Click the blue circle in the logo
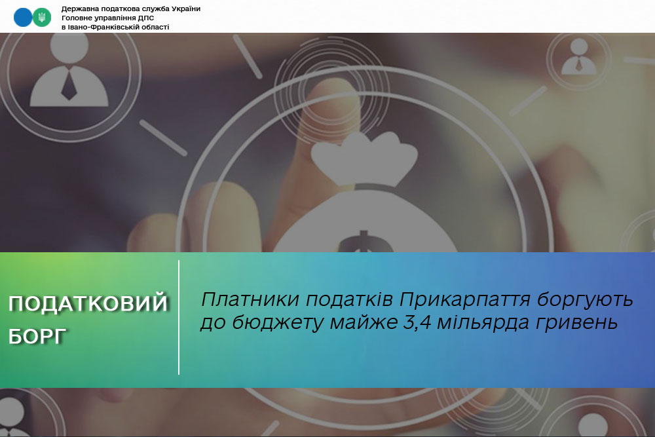point(22,18)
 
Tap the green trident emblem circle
point(42,18)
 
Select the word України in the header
point(186,9)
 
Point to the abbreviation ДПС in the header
point(146,18)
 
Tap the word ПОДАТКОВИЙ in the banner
point(88,304)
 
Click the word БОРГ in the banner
point(37,337)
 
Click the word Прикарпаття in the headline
point(464,300)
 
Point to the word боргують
point(585,300)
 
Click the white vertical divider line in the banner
point(179,318)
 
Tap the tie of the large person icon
point(69,84)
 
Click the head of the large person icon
point(69,45)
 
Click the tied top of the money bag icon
point(364,158)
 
